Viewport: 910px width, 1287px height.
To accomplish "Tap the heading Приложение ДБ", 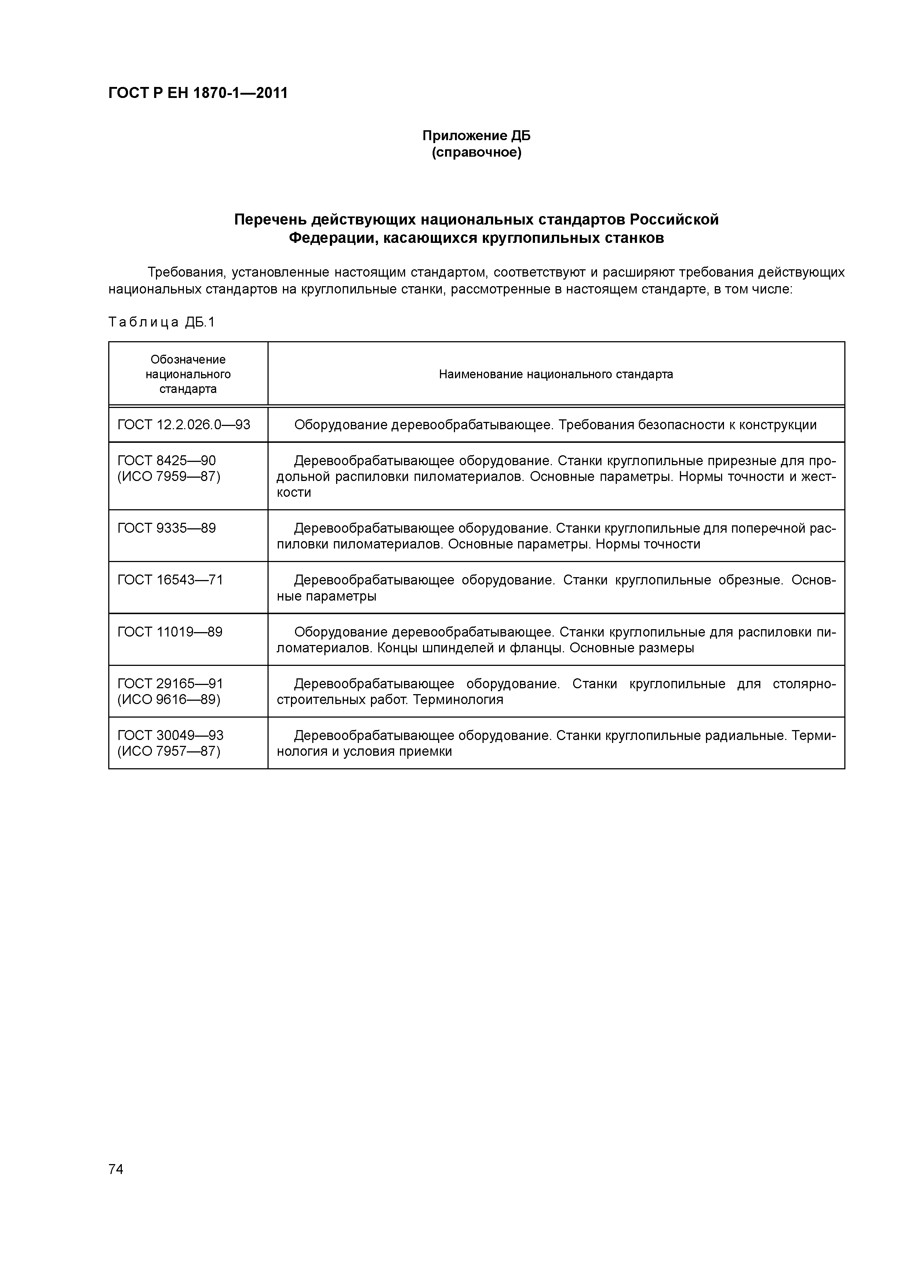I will pyautogui.click(x=476, y=136).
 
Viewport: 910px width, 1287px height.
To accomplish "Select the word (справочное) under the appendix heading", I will pyautogui.click(x=476, y=153).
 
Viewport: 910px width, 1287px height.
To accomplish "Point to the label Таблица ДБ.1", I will pyautogui.click(x=161, y=322).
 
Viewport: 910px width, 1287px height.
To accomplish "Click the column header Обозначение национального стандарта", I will pyautogui.click(x=188, y=374).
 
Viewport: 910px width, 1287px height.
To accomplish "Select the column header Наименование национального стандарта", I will pyautogui.click(x=556, y=374).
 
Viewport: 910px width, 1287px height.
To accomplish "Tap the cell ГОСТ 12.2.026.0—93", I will pyautogui.click(x=184, y=424).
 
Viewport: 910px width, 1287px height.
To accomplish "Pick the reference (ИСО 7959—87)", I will pyautogui.click(x=169, y=477).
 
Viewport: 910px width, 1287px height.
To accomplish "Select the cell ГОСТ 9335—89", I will pyautogui.click(x=167, y=528).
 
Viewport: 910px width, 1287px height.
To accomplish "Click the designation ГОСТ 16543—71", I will pyautogui.click(x=170, y=580).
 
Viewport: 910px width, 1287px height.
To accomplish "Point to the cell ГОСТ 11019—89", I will pyautogui.click(x=170, y=632).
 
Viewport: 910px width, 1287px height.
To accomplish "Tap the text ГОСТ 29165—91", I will pyautogui.click(x=170, y=683).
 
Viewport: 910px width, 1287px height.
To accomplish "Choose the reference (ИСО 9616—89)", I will pyautogui.click(x=169, y=700).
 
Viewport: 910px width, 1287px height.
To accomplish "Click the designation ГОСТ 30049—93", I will pyautogui.click(x=170, y=735).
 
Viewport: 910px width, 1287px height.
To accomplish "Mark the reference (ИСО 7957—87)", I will pyautogui.click(x=169, y=751).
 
